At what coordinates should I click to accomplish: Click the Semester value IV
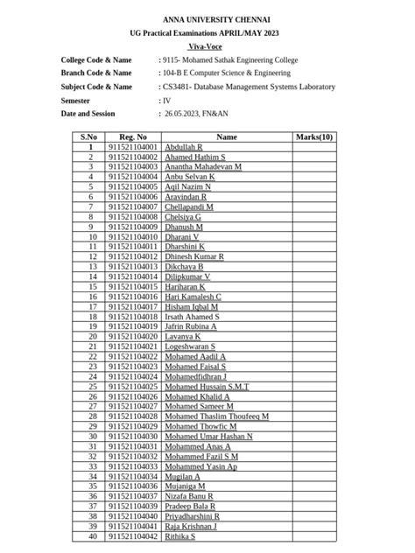click(x=166, y=101)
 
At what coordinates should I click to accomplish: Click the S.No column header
click(x=89, y=137)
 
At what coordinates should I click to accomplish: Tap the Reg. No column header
click(x=133, y=137)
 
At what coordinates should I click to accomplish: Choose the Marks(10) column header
click(x=314, y=137)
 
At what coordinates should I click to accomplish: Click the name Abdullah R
click(x=183, y=148)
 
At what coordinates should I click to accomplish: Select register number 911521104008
click(x=133, y=216)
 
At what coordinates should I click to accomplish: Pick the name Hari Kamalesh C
click(x=193, y=297)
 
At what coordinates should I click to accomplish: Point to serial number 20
click(x=89, y=336)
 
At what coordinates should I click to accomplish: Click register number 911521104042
click(x=133, y=536)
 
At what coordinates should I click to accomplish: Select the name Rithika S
click(x=180, y=536)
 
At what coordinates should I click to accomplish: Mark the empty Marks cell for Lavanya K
click(x=314, y=336)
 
